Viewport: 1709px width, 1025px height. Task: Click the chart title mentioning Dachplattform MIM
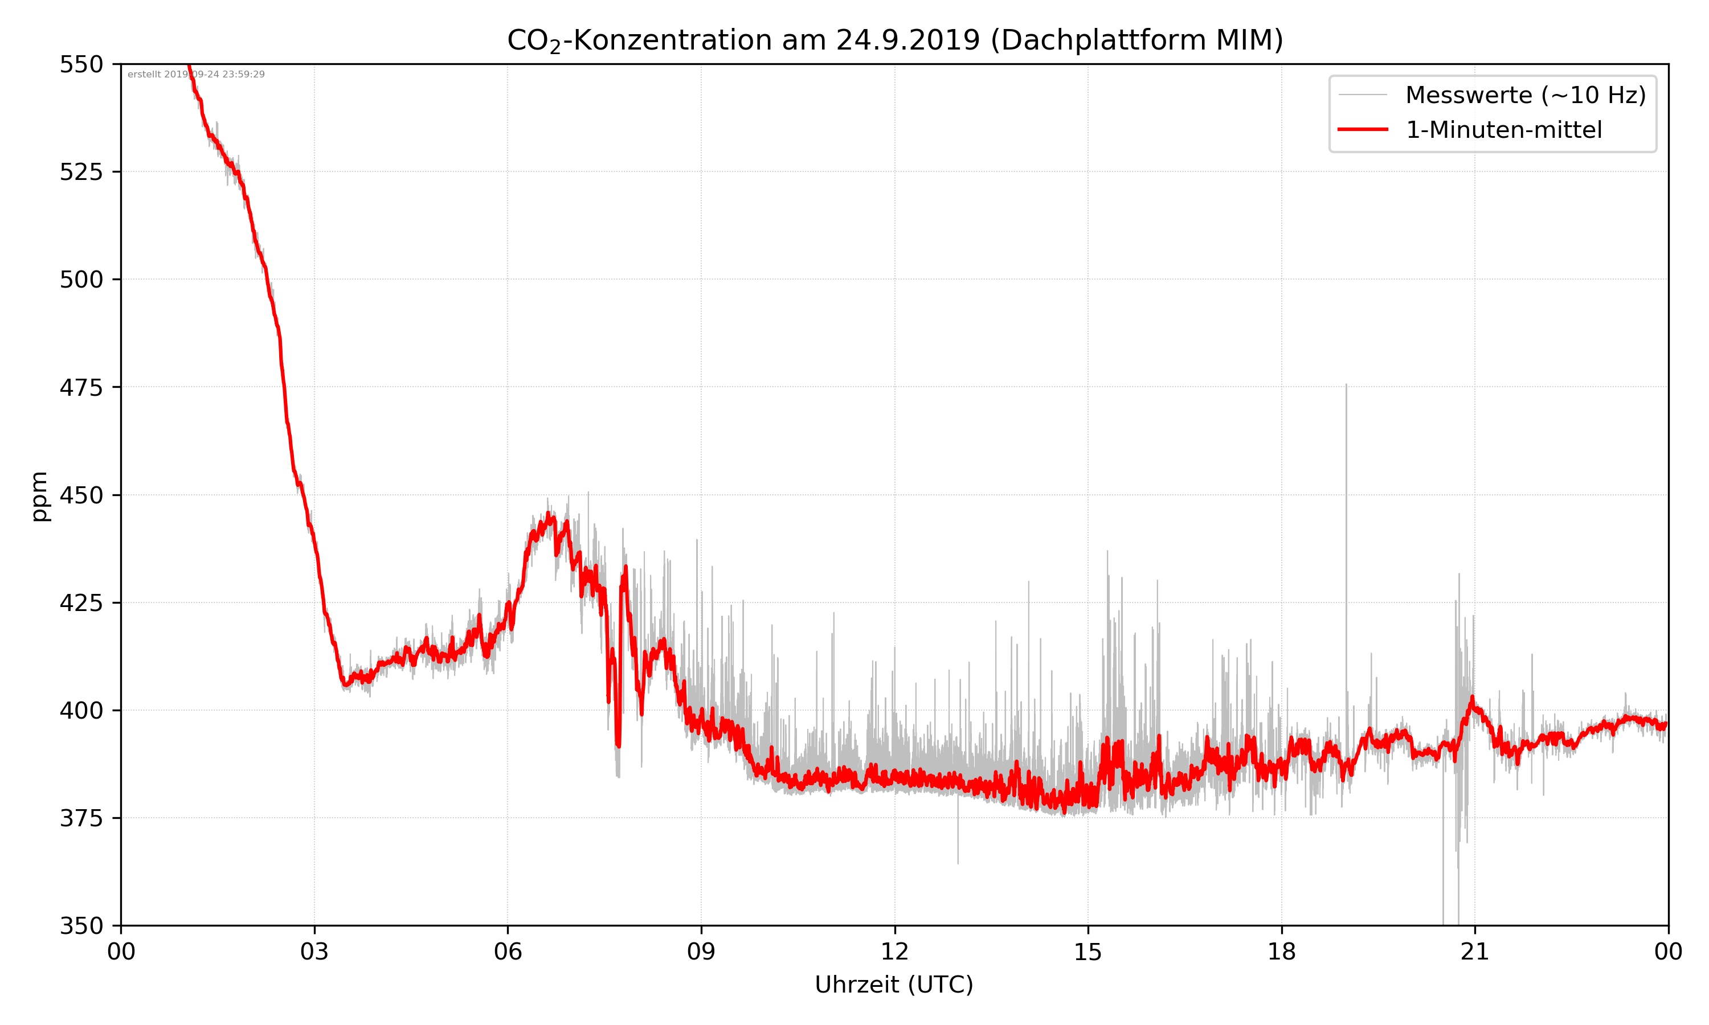pos(894,40)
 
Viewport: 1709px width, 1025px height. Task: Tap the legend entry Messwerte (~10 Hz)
pos(1525,95)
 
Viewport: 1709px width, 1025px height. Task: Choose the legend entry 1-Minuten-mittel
pos(1503,130)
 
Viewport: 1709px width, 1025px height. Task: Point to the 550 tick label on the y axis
pos(81,64)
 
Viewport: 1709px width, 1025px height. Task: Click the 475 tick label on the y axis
pos(81,387)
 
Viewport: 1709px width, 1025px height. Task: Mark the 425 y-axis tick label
pos(81,603)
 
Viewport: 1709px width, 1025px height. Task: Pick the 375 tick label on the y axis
pos(81,818)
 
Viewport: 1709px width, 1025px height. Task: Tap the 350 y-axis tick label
pos(81,926)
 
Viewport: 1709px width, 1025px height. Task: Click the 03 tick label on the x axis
pos(314,952)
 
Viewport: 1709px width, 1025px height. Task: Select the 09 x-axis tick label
pos(701,952)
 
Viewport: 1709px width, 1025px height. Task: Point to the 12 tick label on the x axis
pos(894,952)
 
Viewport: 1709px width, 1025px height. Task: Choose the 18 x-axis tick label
pos(1281,952)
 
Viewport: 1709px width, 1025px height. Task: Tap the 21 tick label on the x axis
pos(1475,952)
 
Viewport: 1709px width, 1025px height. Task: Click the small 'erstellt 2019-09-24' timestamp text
pos(196,75)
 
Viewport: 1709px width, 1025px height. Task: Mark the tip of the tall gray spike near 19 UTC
pos(1346,385)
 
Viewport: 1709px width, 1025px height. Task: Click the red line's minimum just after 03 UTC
pos(345,685)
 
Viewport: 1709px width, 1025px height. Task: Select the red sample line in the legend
pos(1362,129)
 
